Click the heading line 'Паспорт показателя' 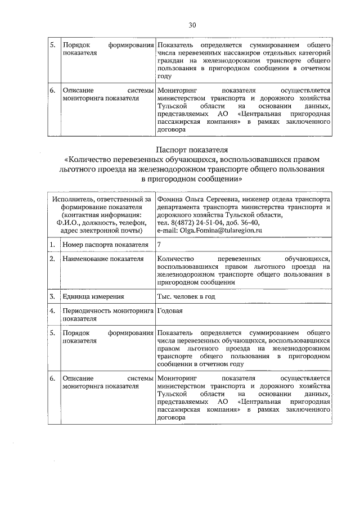(191, 150)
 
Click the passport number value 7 (160, 245)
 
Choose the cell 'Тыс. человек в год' (186, 296)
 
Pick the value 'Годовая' (170, 310)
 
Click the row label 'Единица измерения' (93, 296)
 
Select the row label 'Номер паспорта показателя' (105, 245)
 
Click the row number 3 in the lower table (52, 296)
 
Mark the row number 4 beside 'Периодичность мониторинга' (52, 310)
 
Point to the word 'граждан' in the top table (170, 60)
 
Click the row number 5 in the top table (52, 44)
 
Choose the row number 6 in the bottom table (52, 379)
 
